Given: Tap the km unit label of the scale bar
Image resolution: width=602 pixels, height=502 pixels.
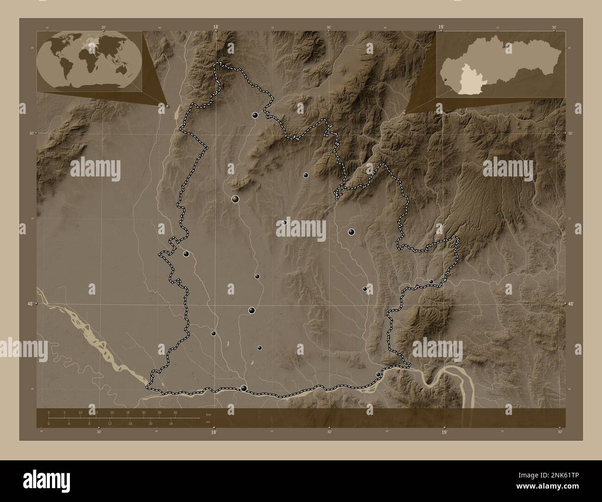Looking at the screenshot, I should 208,414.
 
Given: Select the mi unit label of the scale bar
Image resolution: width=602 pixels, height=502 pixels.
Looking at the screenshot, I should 208,422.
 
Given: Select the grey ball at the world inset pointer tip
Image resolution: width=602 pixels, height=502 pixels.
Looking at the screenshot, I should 168,106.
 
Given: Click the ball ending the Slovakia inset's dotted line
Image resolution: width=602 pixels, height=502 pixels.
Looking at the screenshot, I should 405,113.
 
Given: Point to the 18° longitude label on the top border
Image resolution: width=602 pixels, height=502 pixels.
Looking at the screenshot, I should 216,27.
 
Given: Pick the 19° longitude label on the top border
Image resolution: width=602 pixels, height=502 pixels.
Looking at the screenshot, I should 441,27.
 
